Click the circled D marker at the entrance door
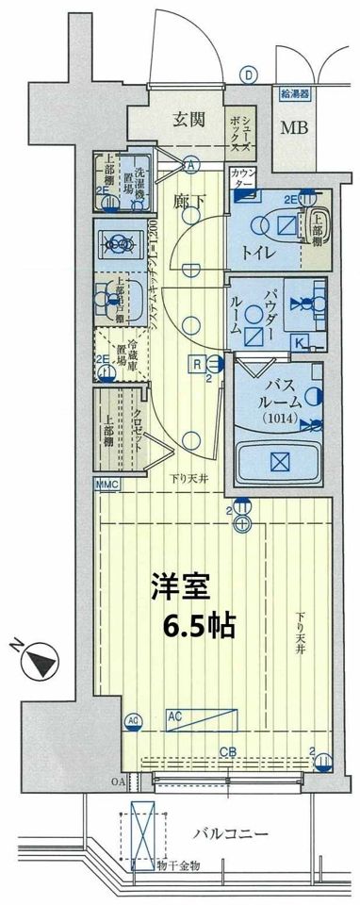click(x=248, y=74)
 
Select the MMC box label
click(x=106, y=485)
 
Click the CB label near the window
click(x=228, y=751)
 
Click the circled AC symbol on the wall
click(x=131, y=721)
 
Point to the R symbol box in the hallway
click(x=199, y=362)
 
